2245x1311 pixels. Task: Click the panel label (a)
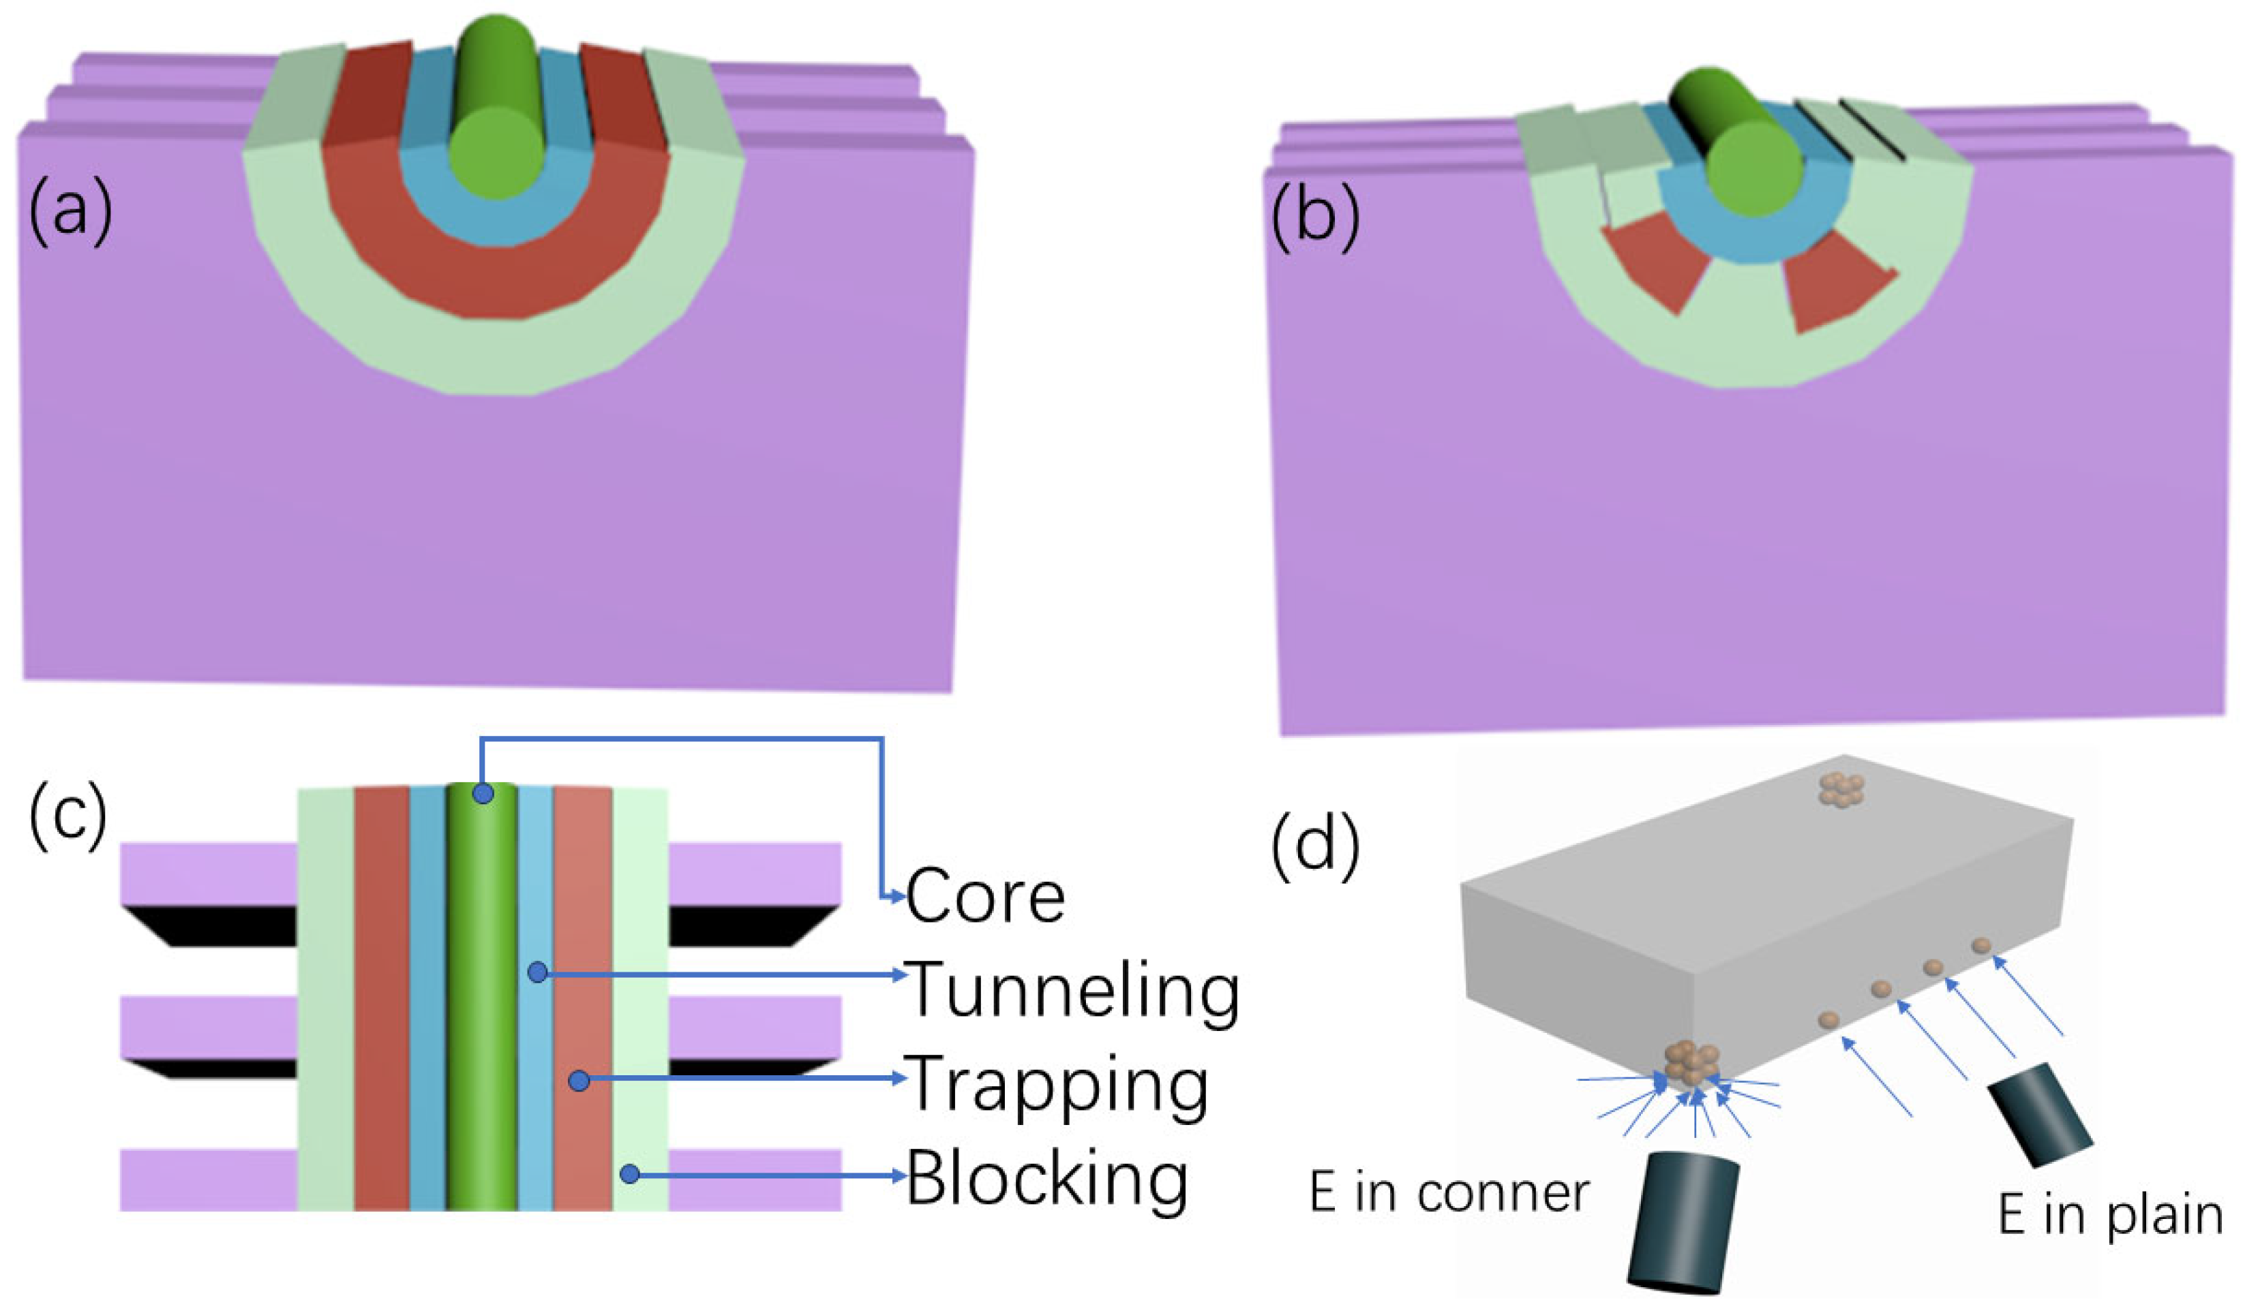click(72, 212)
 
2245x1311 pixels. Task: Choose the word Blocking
click(1046, 1178)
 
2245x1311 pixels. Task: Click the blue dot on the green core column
click(483, 792)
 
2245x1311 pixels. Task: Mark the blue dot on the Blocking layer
click(630, 1174)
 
